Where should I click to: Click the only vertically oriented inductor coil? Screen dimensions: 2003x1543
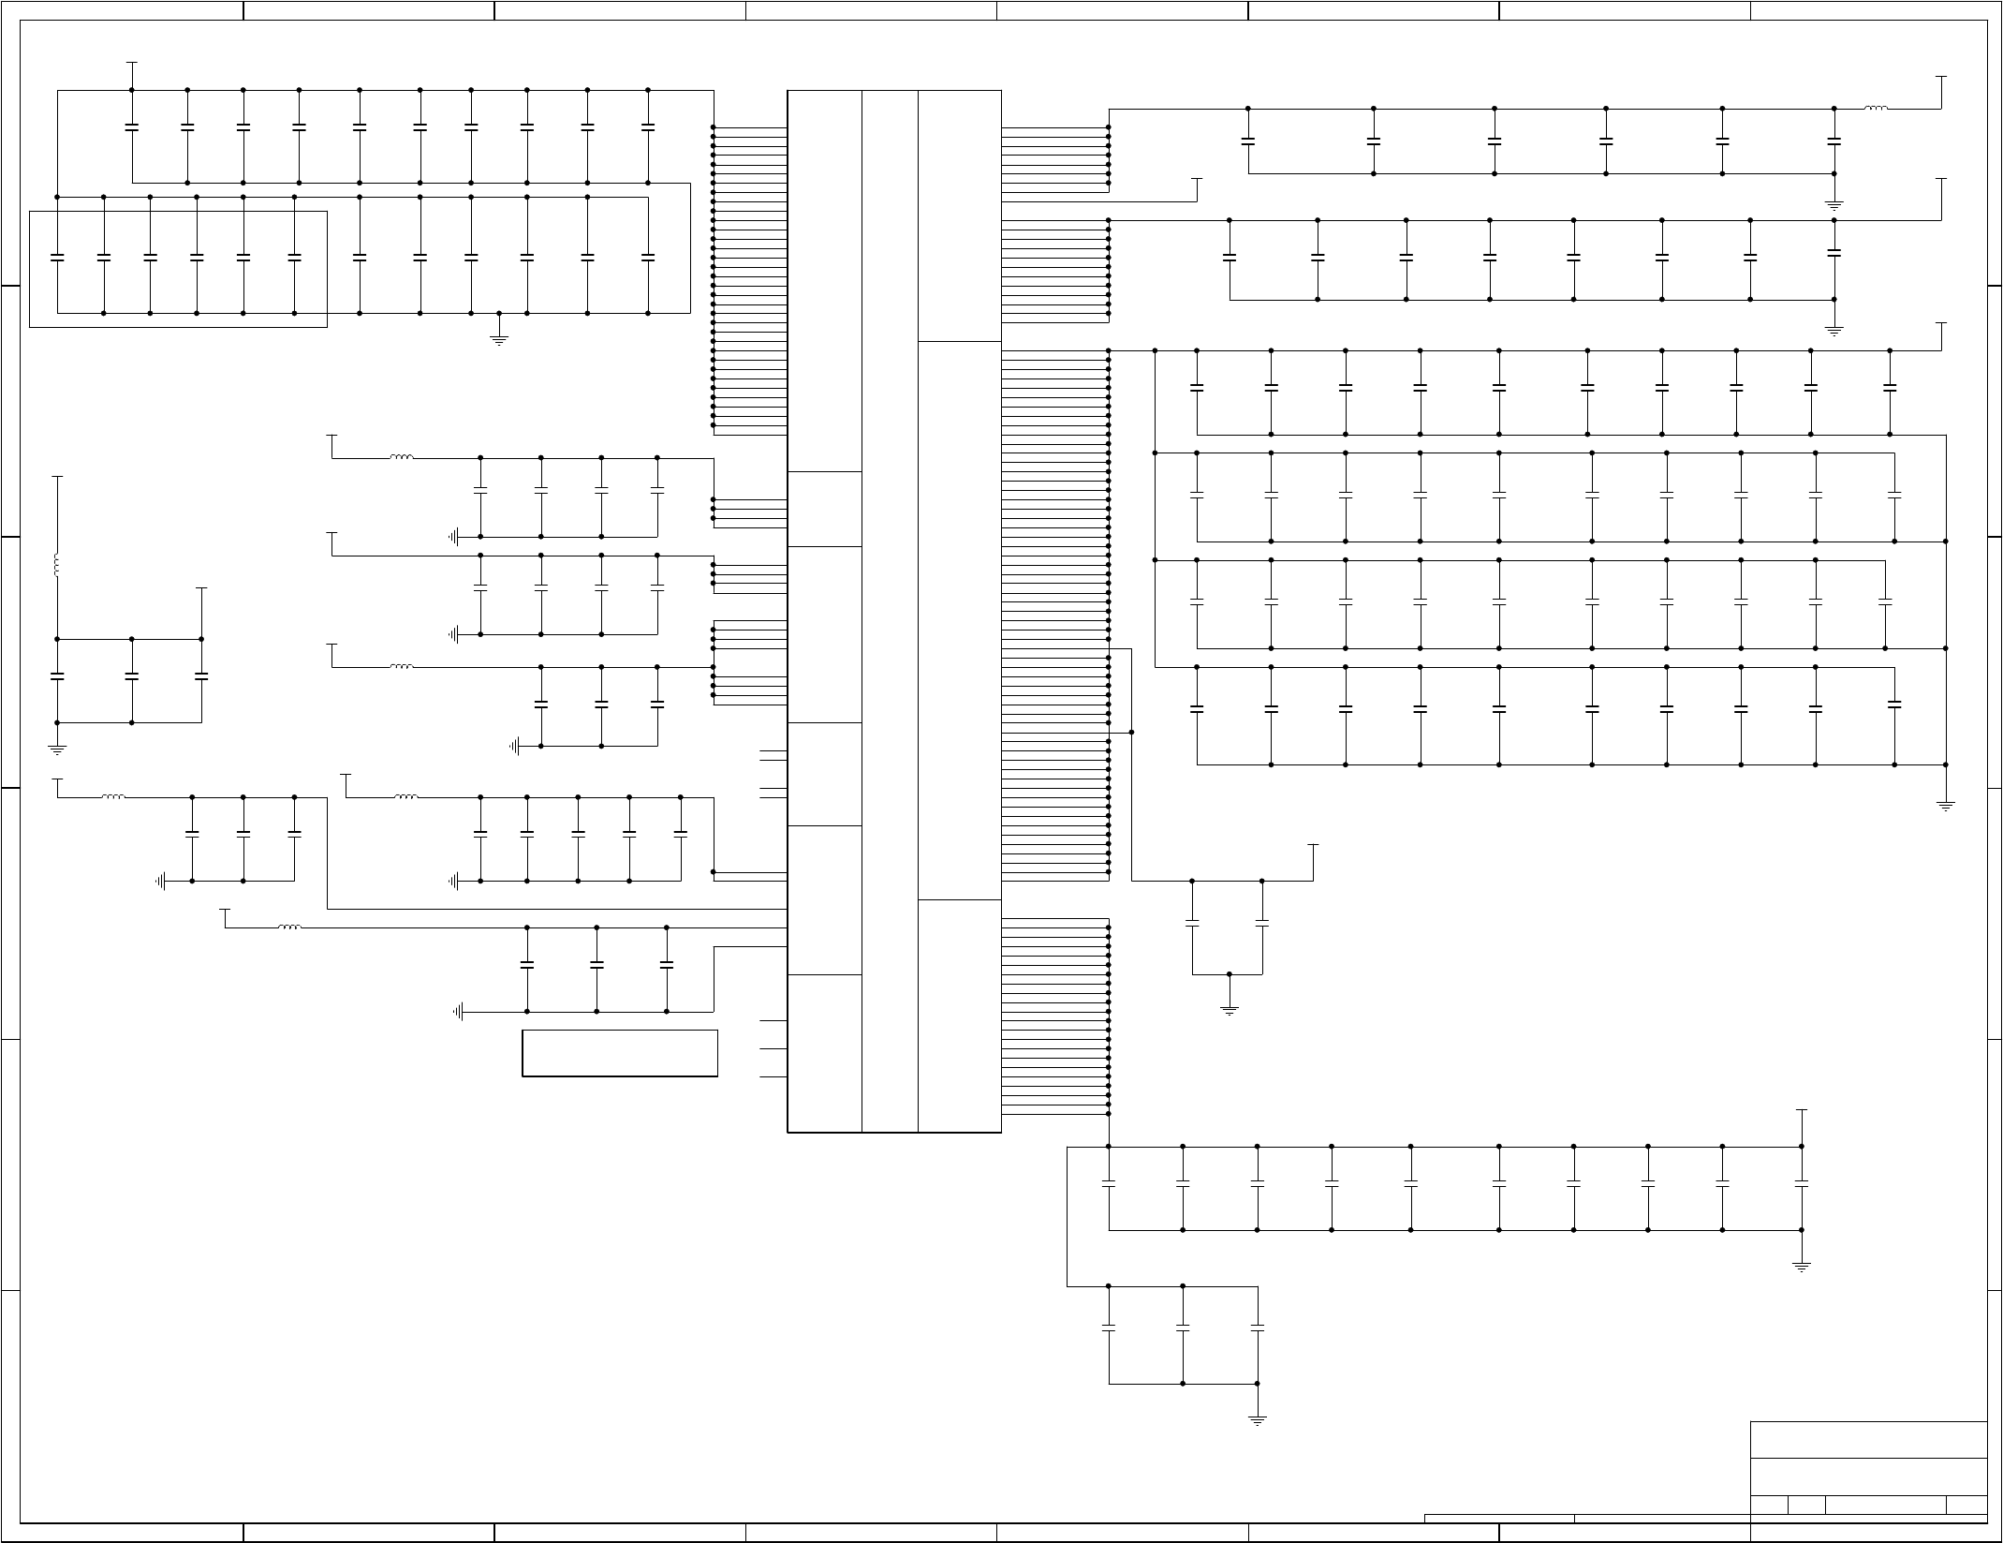pyautogui.click(x=56, y=566)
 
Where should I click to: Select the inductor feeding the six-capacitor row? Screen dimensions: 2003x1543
pyautogui.click(x=1876, y=109)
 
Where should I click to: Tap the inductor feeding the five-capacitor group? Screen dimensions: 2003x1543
pyautogui.click(x=405, y=797)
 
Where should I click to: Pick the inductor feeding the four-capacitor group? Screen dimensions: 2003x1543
pyautogui.click(x=401, y=458)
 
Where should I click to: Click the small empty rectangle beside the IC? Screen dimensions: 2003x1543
pyautogui.click(x=620, y=1053)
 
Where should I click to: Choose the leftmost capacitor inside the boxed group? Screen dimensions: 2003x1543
pyautogui.click(x=57, y=256)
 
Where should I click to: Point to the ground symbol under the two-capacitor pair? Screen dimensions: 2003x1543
pyautogui.click(x=1229, y=1010)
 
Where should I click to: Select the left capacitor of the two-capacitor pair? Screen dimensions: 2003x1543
pyautogui.click(x=1192, y=924)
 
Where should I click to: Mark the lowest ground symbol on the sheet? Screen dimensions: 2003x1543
pyautogui.click(x=1257, y=1420)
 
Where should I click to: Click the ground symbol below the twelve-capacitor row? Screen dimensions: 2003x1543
pyautogui.click(x=499, y=340)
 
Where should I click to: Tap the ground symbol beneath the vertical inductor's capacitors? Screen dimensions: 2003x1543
pyautogui.click(x=57, y=749)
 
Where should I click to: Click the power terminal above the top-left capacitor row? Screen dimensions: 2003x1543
pyautogui.click(x=132, y=65)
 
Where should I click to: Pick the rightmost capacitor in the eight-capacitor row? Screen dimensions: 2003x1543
pyautogui.click(x=1834, y=253)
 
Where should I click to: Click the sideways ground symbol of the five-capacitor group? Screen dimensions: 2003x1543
pyautogui.click(x=455, y=881)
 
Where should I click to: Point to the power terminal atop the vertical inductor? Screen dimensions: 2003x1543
pyautogui.click(x=57, y=477)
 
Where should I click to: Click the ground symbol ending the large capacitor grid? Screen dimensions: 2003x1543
pyautogui.click(x=1945, y=806)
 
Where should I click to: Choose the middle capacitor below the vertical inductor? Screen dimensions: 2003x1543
pyautogui.click(x=132, y=675)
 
